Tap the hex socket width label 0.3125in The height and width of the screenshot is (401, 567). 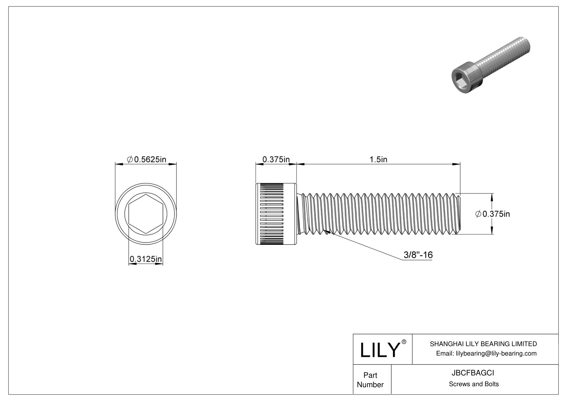click(x=146, y=259)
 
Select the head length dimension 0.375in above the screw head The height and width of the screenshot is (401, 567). click(x=276, y=159)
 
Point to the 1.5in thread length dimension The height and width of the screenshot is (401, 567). click(x=378, y=159)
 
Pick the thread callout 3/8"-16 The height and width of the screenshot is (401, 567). click(x=418, y=255)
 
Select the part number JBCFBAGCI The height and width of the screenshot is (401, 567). click(x=473, y=373)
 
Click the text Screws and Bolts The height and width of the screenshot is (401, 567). click(x=473, y=384)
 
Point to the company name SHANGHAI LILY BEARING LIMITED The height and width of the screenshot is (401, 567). click(x=483, y=344)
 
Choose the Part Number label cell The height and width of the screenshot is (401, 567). click(x=370, y=380)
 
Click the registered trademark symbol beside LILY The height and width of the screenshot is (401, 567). click(x=404, y=342)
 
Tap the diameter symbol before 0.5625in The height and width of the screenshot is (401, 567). click(x=130, y=159)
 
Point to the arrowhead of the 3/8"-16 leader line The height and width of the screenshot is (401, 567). click(x=326, y=231)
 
